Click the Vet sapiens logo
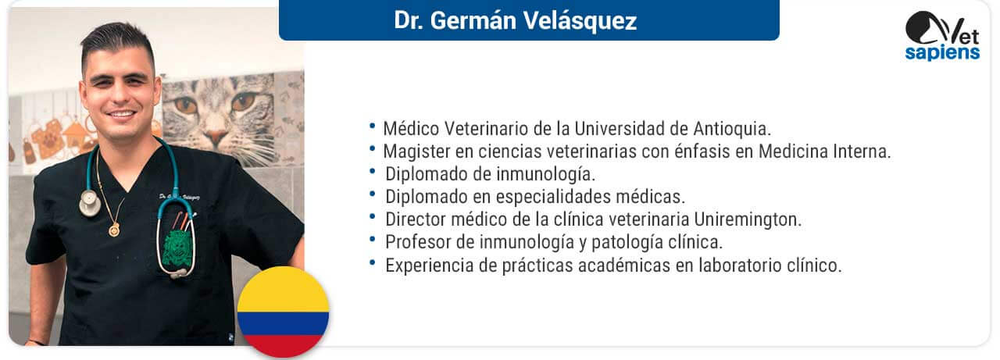click(943, 36)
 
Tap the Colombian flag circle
click(283, 312)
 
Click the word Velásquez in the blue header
click(580, 21)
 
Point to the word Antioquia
click(732, 129)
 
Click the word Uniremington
click(748, 219)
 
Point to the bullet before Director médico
click(373, 216)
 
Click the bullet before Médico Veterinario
click(373, 126)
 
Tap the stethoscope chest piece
click(90, 203)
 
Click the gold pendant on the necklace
click(114, 230)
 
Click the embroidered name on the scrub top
click(180, 197)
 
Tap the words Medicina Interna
click(824, 151)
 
